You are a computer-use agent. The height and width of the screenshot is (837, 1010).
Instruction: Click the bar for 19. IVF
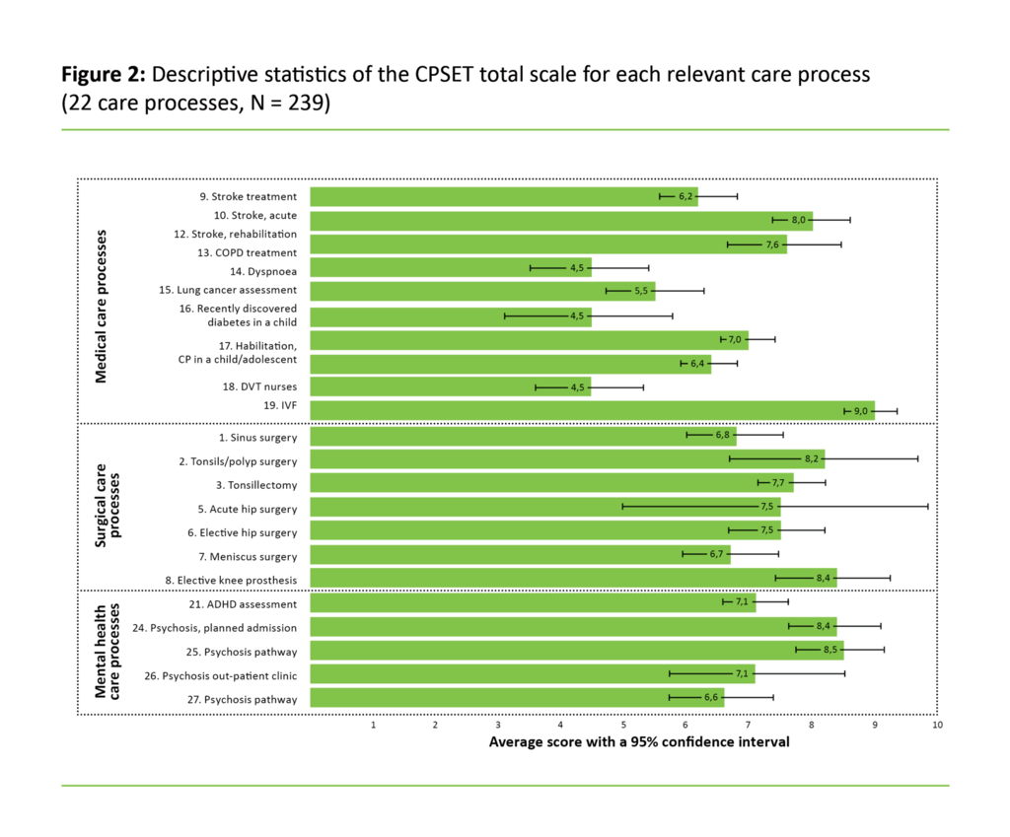[x=592, y=410]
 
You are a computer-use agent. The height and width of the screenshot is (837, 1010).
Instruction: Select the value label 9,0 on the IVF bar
[x=860, y=410]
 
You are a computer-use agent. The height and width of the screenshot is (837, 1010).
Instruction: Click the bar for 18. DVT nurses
[x=450, y=386]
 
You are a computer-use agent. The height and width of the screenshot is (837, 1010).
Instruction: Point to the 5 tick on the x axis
[x=623, y=725]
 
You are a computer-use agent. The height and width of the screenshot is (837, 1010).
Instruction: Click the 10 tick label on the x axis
[x=936, y=725]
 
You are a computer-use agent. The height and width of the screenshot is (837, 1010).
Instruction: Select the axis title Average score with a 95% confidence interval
[x=639, y=741]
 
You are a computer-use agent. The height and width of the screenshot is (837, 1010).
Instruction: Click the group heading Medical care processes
[x=101, y=307]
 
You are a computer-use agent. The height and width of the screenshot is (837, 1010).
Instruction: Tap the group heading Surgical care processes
[x=108, y=507]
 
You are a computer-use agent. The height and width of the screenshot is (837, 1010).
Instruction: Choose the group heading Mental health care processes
[x=108, y=652]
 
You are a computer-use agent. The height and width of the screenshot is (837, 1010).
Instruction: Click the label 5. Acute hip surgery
[x=247, y=508]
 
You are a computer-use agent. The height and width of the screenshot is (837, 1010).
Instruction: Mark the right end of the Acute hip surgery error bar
[x=928, y=507]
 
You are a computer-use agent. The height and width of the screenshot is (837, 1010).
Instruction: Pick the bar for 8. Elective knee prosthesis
[x=572, y=578]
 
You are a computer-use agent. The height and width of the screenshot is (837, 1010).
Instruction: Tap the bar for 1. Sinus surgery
[x=523, y=436]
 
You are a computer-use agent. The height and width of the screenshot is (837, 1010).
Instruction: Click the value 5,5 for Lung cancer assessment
[x=641, y=291]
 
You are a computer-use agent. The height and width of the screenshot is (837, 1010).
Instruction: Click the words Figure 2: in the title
[x=104, y=75]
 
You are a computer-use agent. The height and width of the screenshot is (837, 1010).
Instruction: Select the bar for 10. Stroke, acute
[x=560, y=220]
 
